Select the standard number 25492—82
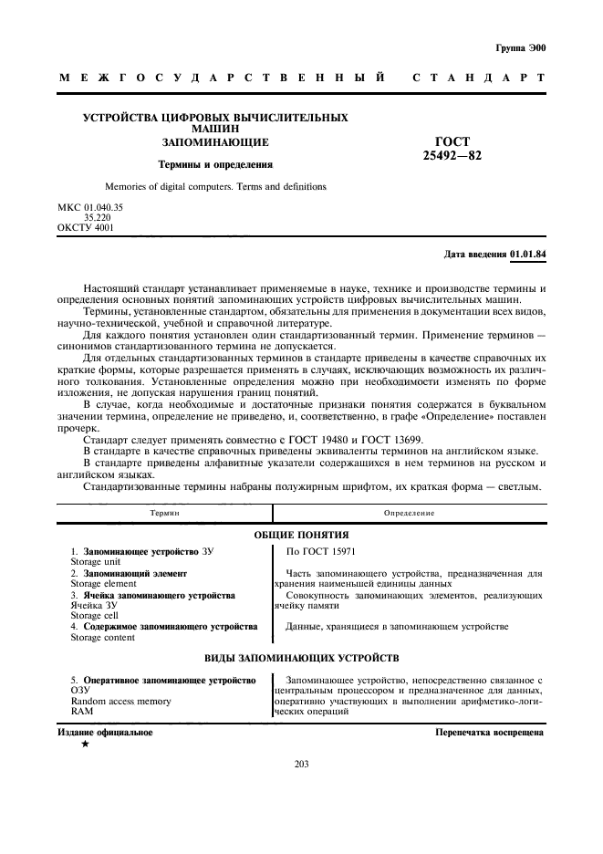click(452, 156)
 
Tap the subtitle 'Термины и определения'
click(215, 165)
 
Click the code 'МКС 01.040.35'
click(90, 208)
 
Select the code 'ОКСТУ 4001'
click(86, 227)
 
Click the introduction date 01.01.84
click(528, 255)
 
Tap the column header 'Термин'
click(165, 514)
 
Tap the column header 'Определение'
click(409, 514)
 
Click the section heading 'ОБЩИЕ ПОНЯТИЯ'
click(300, 535)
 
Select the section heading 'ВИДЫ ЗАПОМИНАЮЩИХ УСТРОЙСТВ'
click(300, 658)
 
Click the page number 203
click(302, 765)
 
